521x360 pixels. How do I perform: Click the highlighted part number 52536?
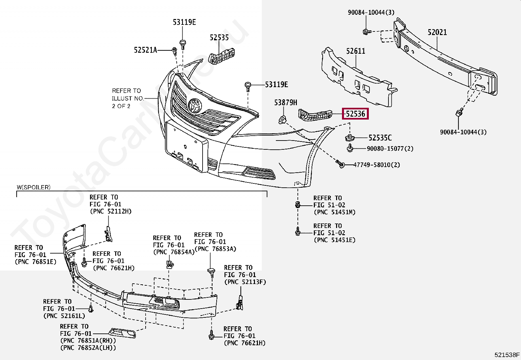355,114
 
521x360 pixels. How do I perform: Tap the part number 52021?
437,32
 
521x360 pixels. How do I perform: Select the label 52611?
355,51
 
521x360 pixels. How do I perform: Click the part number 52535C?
380,138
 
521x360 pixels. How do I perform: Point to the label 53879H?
285,103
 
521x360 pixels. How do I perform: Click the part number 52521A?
145,50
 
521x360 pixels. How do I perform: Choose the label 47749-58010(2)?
376,165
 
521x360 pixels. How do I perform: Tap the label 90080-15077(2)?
390,149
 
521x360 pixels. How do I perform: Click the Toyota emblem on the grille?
195,105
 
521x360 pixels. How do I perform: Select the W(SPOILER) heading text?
34,187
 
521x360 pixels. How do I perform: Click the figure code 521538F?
507,355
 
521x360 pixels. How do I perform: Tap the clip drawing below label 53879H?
282,120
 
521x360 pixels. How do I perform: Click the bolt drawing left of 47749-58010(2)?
340,164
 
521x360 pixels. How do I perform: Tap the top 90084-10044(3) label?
371,12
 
